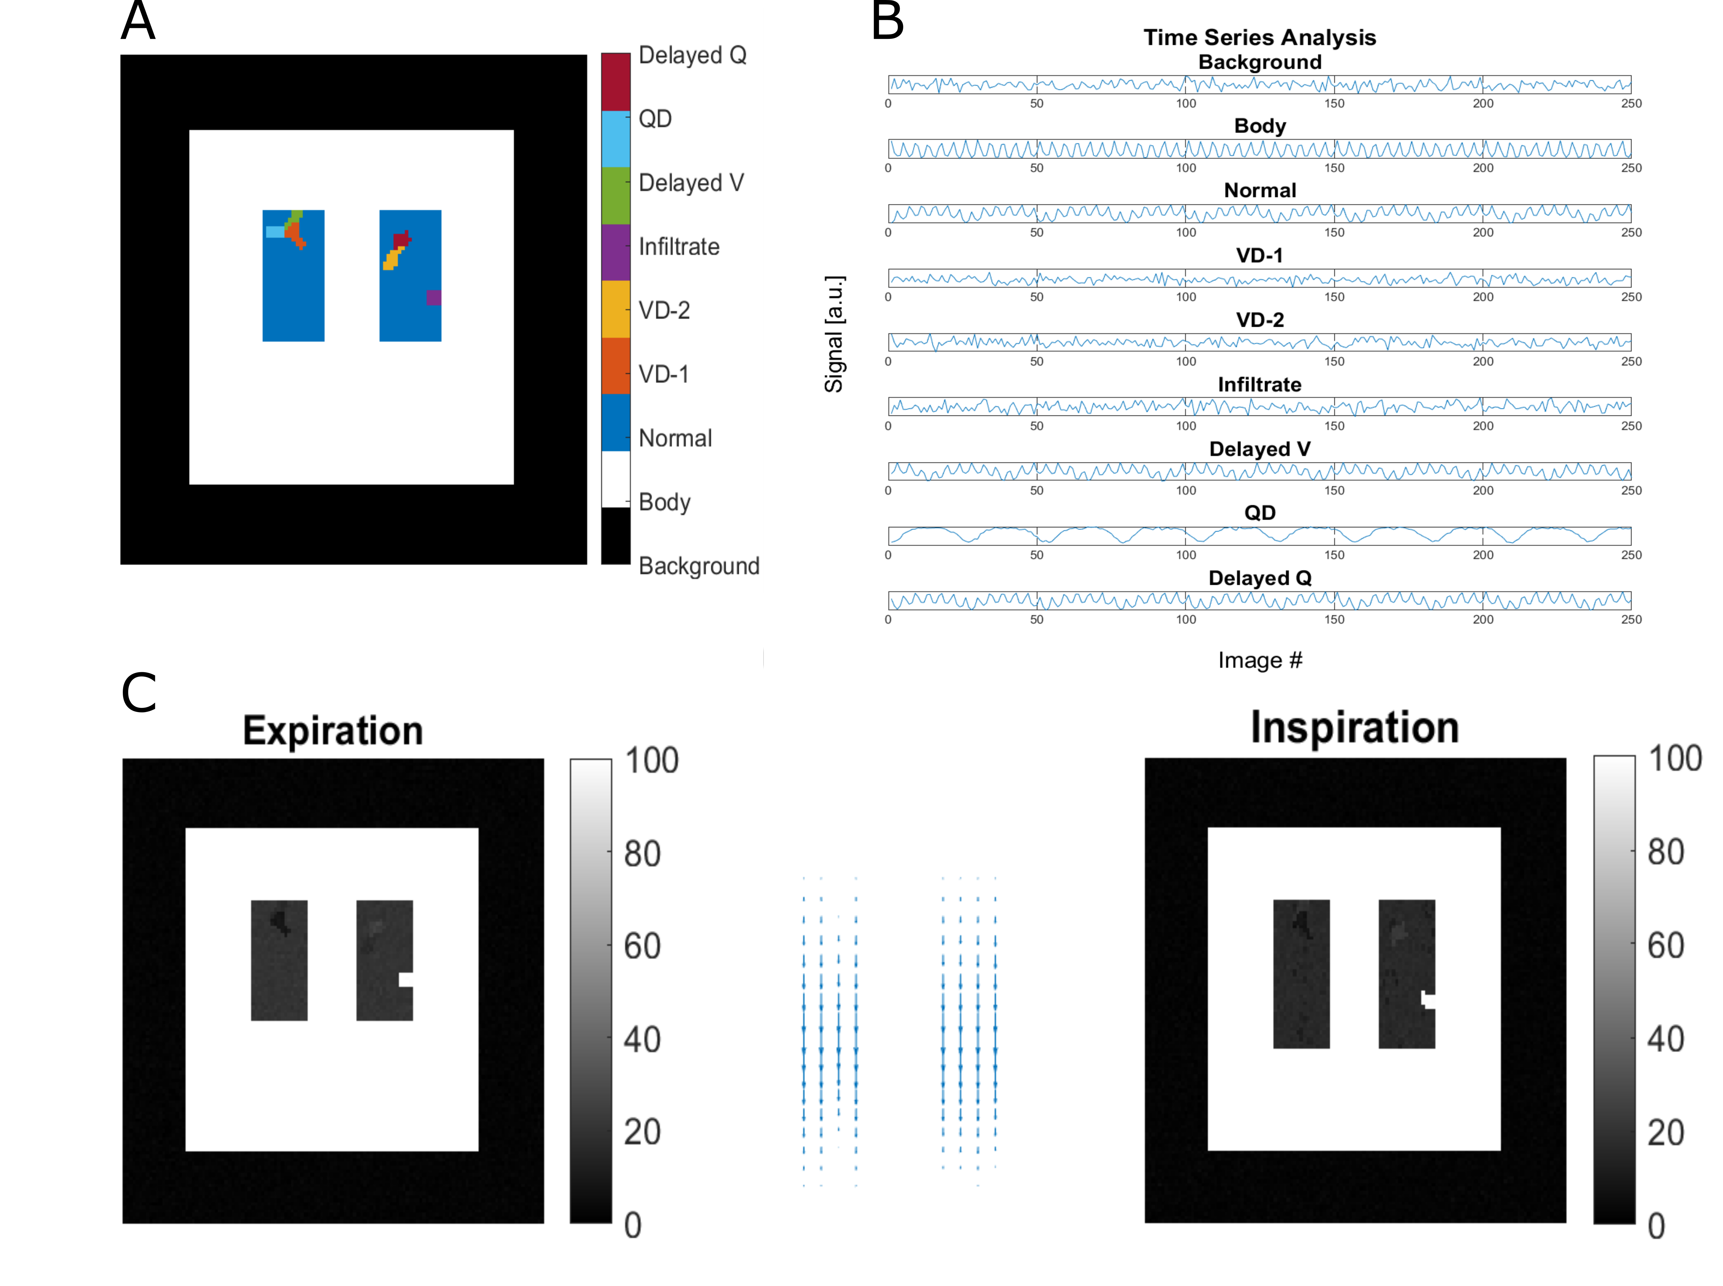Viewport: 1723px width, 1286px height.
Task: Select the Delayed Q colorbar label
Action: point(692,55)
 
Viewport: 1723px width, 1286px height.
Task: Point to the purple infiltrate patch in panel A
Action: point(434,297)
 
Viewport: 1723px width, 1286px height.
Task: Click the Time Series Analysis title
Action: point(1259,37)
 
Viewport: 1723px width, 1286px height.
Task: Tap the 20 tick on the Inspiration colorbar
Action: point(1665,1133)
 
